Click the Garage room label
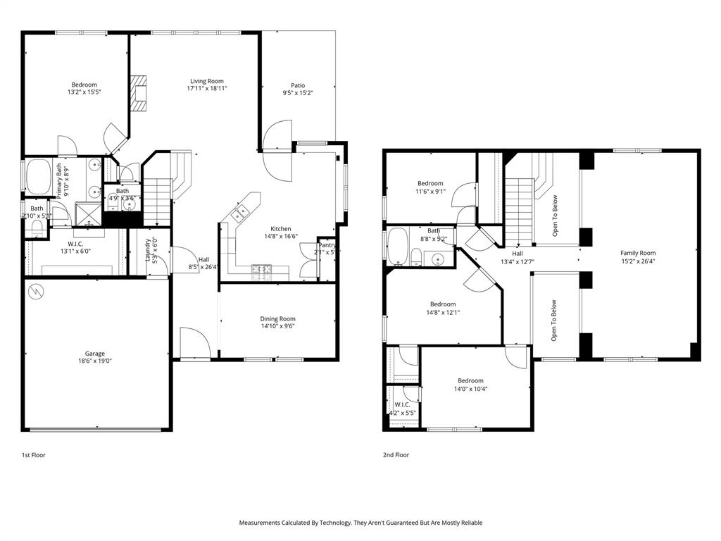pyautogui.click(x=95, y=354)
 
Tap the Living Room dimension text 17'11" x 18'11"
pyautogui.click(x=206, y=89)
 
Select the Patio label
pyautogui.click(x=298, y=85)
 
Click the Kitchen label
pyautogui.click(x=281, y=229)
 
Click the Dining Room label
pyautogui.click(x=277, y=318)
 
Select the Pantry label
pyautogui.click(x=327, y=245)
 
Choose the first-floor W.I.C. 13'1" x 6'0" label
pyautogui.click(x=75, y=247)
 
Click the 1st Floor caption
pyautogui.click(x=33, y=455)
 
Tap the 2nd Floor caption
pyautogui.click(x=396, y=455)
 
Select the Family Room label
pyautogui.click(x=637, y=253)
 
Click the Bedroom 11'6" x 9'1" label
pyautogui.click(x=430, y=183)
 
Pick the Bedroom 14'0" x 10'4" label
pyautogui.click(x=470, y=380)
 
